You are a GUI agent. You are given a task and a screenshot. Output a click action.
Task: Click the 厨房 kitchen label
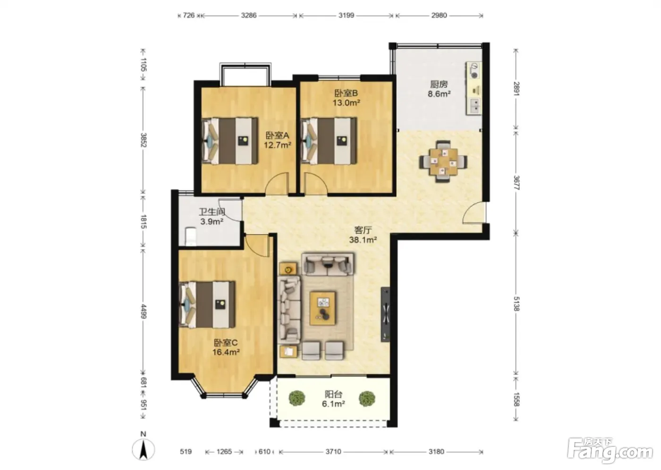439,84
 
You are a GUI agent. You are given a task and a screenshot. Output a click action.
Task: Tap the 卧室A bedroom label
278,135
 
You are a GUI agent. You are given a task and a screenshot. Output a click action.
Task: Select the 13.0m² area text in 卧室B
346,103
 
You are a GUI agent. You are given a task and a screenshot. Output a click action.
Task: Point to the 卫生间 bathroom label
212,212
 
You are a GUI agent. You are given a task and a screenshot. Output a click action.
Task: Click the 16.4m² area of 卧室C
226,352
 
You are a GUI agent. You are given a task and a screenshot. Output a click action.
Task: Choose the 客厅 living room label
363,230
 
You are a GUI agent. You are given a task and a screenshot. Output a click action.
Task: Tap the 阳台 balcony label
333,394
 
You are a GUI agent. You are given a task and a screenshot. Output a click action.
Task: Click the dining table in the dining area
443,161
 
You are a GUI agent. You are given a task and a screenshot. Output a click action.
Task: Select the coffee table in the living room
322,309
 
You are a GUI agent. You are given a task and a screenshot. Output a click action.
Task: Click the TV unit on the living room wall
385,314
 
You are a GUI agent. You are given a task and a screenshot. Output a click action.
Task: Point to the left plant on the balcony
297,398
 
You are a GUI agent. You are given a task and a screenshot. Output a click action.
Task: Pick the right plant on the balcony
367,398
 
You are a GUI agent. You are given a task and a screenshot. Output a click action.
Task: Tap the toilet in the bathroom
190,236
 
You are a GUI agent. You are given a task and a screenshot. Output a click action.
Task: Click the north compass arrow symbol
144,450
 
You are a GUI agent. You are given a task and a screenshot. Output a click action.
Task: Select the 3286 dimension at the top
249,15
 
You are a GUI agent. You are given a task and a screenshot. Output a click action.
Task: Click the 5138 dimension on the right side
516,304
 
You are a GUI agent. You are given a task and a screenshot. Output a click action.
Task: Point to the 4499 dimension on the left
144,311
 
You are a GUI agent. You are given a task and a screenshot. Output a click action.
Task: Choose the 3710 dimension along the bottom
333,452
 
